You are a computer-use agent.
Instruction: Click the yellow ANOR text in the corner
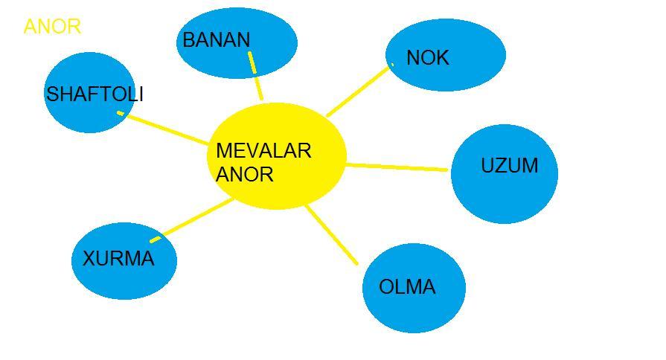[52, 27]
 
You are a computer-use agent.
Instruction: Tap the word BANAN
[216, 40]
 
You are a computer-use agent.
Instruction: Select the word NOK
[427, 58]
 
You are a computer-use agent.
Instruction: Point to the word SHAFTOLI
[95, 94]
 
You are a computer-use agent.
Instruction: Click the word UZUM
[509, 166]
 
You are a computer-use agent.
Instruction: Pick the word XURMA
[118, 259]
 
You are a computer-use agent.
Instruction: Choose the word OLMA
[407, 287]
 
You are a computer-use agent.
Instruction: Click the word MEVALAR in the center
[263, 151]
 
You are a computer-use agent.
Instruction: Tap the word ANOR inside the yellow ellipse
[245, 175]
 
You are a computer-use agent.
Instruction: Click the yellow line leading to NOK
[359, 90]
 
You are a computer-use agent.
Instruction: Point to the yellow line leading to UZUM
[398, 167]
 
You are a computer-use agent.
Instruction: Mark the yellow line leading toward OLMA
[332, 235]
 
